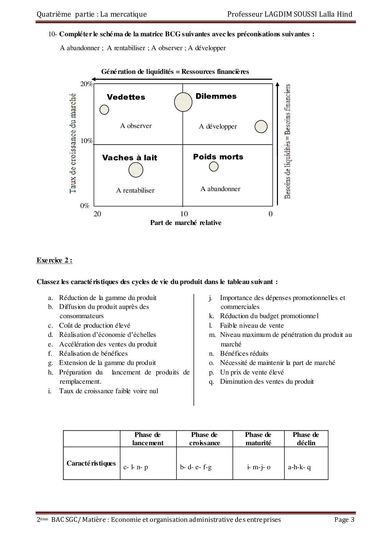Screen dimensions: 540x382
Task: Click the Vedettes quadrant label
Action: pyautogui.click(x=126, y=97)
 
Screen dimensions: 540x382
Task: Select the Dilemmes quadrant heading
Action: pyautogui.click(x=216, y=96)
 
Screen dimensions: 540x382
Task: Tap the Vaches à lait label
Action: pyautogui.click(x=130, y=158)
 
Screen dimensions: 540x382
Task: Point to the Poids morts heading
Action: pyautogui.click(x=218, y=157)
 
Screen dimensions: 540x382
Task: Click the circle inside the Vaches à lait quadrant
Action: pyautogui.click(x=136, y=170)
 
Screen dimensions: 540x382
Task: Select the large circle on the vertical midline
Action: pyautogui.click(x=183, y=102)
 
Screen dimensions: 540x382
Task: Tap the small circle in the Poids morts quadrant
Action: pyautogui.click(x=214, y=166)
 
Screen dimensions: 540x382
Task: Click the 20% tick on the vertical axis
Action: pyautogui.click(x=86, y=84)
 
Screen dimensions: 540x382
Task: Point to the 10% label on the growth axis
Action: pyautogui.click(x=86, y=141)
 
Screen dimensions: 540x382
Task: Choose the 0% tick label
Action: pyautogui.click(x=85, y=206)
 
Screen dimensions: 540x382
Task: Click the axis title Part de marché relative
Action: pyautogui.click(x=186, y=222)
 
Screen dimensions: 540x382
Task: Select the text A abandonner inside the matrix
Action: pyautogui.click(x=220, y=189)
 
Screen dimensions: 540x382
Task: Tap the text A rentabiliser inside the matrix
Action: pyautogui.click(x=135, y=190)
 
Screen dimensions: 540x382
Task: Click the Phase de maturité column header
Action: pyautogui.click(x=258, y=439)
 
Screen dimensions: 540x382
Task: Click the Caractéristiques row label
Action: pyautogui.click(x=91, y=463)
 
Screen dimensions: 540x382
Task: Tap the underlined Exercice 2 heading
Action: pyautogui.click(x=54, y=260)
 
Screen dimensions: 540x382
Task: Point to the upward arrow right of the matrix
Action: pyautogui.click(x=278, y=143)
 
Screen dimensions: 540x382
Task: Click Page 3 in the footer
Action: pyautogui.click(x=344, y=520)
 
